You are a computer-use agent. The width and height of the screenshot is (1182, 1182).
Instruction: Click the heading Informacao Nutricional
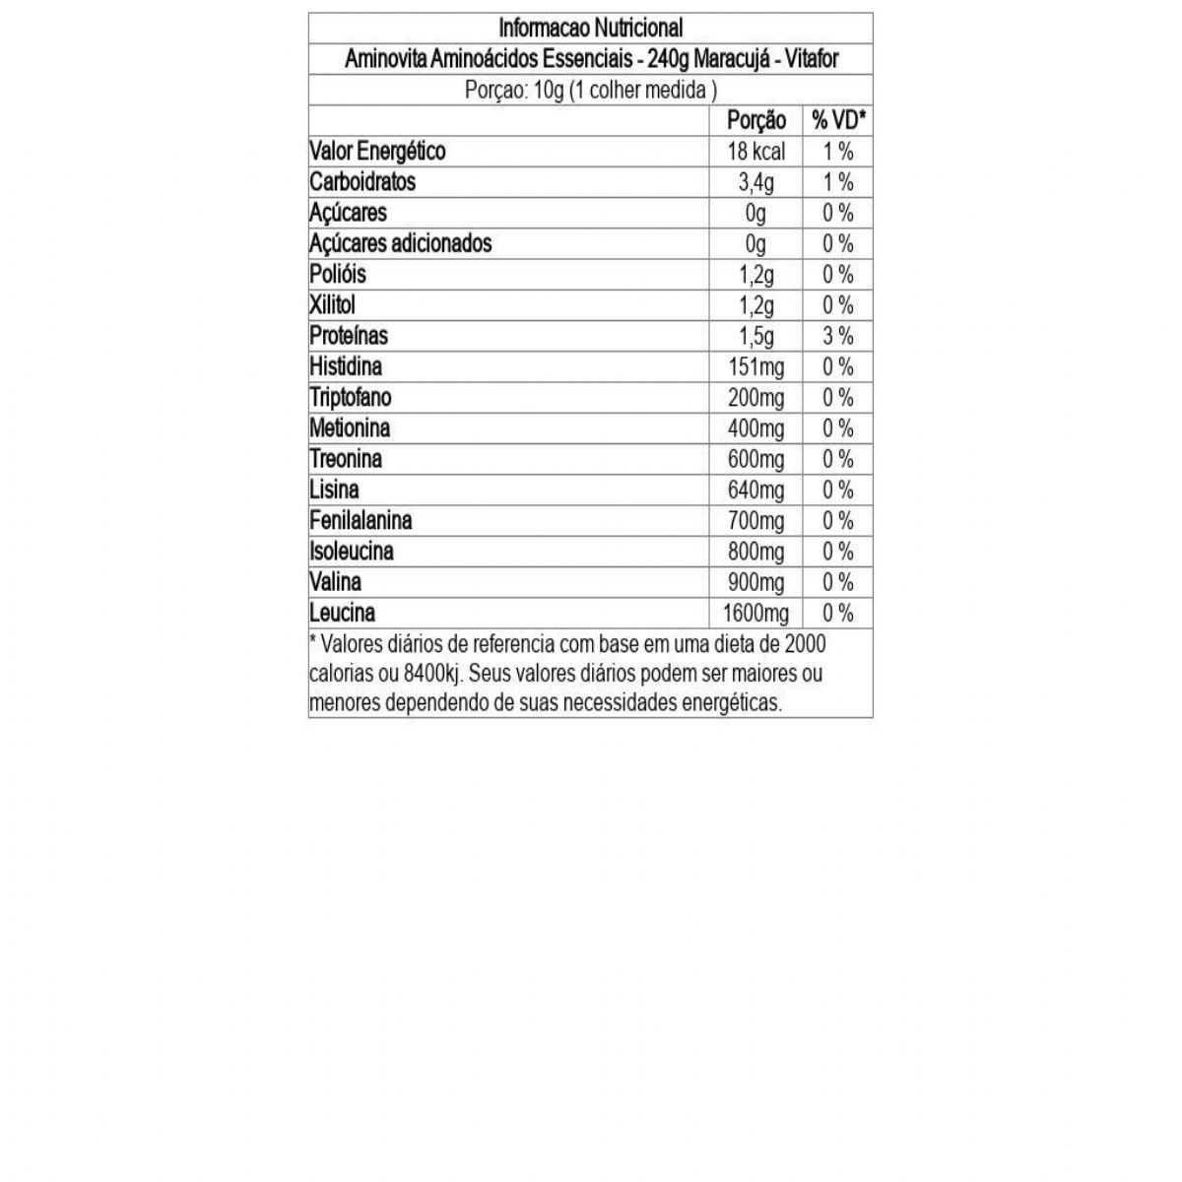click(590, 28)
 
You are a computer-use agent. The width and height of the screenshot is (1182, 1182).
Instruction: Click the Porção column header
click(755, 120)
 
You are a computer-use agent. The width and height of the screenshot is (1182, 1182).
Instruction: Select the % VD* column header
click(838, 120)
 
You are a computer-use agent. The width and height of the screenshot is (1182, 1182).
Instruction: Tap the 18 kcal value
click(755, 152)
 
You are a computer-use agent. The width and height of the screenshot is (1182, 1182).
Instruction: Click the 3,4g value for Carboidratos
click(755, 182)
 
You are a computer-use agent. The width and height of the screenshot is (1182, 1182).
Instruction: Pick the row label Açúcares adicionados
click(400, 243)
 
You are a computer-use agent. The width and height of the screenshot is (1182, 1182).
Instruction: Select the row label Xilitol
click(332, 305)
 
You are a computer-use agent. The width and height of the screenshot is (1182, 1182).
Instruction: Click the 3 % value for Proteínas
click(838, 336)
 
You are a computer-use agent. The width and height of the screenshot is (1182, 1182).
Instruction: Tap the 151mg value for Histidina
click(755, 366)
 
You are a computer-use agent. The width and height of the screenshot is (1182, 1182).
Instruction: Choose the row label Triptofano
click(350, 397)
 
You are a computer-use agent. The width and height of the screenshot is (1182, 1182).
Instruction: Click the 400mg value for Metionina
click(755, 428)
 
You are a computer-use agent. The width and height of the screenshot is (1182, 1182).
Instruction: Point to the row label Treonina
click(346, 459)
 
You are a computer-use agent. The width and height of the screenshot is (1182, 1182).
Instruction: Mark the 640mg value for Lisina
click(755, 490)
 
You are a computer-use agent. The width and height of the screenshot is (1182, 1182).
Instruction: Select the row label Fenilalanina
click(361, 520)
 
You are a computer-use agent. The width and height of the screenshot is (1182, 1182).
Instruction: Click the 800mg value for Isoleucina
click(755, 552)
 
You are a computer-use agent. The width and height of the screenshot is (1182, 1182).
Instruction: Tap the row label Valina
click(335, 582)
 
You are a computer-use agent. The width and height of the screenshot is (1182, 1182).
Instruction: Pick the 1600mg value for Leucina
click(755, 613)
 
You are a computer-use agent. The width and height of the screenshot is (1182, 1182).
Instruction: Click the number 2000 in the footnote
click(805, 644)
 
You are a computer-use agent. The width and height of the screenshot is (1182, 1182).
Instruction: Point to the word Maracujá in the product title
click(729, 59)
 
